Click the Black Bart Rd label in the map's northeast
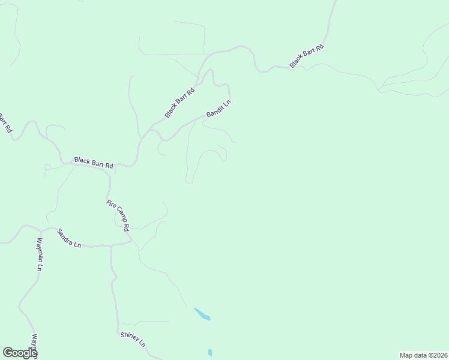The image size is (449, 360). click(x=307, y=56)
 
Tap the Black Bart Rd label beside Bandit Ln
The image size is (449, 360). click(x=181, y=103)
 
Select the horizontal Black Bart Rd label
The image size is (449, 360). click(x=94, y=163)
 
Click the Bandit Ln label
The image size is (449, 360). click(x=218, y=109)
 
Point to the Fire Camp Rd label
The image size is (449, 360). click(x=118, y=215)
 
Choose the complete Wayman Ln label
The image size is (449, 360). click(x=39, y=254)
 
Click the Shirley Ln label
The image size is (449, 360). click(x=133, y=340)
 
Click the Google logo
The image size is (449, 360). click(x=20, y=353)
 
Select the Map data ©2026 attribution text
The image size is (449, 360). click(x=423, y=355)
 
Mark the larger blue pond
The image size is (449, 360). click(x=202, y=314)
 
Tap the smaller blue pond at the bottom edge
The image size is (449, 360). click(x=209, y=353)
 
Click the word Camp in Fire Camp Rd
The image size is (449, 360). click(x=119, y=216)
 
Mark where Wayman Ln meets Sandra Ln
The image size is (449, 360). click(x=40, y=230)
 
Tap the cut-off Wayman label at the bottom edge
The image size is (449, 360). click(x=35, y=346)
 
